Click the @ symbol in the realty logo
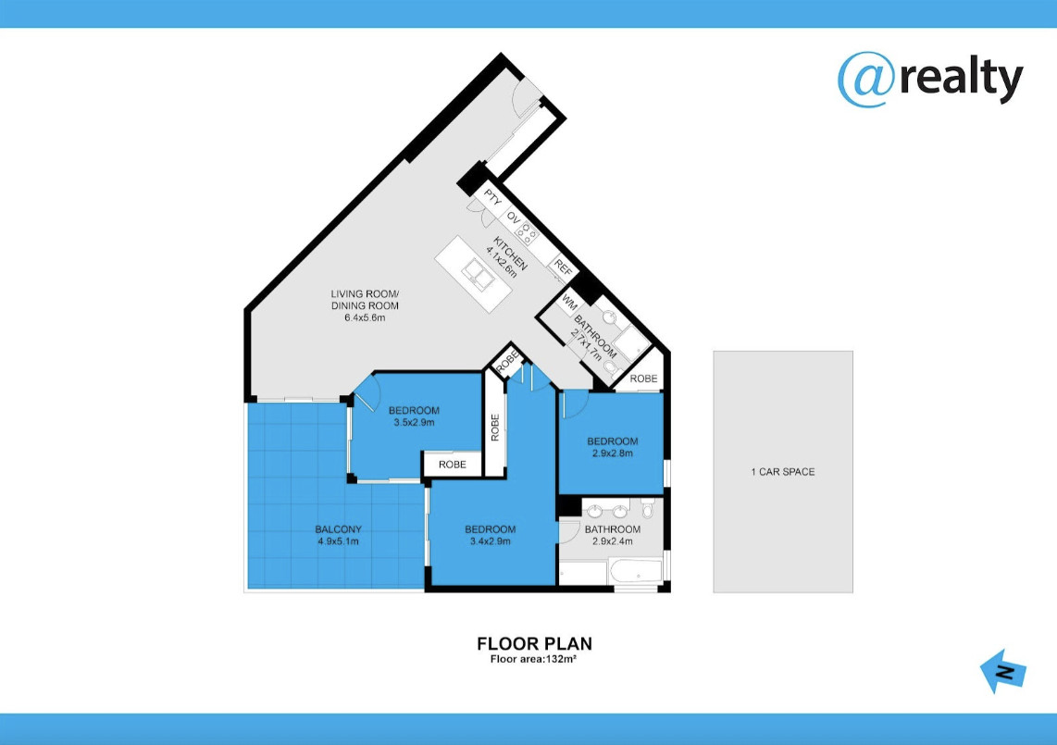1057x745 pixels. click(866, 80)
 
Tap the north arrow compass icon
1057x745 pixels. click(1003, 672)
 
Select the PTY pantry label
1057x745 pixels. click(492, 199)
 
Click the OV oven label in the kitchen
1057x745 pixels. click(514, 217)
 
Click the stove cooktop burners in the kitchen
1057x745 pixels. click(527, 232)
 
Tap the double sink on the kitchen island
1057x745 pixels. click(479, 274)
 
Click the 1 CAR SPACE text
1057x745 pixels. click(783, 472)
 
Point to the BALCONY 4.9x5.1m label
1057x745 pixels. click(339, 535)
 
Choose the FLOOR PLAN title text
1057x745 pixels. click(535, 644)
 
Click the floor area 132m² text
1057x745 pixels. click(533, 659)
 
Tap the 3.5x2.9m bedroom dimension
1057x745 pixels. click(414, 423)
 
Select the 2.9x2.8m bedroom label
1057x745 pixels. click(612, 448)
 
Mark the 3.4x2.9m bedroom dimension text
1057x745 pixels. click(490, 540)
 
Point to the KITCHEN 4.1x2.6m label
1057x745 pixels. click(507, 256)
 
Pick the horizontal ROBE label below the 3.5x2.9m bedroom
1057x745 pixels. click(453, 465)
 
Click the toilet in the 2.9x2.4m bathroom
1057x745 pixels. click(647, 508)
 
